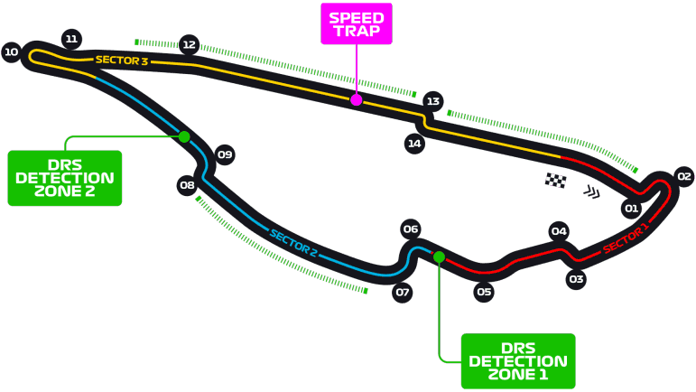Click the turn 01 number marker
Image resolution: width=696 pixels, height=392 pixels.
pyautogui.click(x=631, y=209)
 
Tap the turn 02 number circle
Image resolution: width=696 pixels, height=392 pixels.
pyautogui.click(x=684, y=177)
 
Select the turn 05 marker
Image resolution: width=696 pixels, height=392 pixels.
pyautogui.click(x=484, y=292)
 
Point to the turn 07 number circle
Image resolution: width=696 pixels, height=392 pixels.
pyautogui.click(x=402, y=292)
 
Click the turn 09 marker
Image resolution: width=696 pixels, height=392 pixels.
pyautogui.click(x=225, y=154)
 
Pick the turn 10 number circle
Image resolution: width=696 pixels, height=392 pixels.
pyautogui.click(x=11, y=52)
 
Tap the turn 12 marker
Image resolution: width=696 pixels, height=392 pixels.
pyautogui.click(x=189, y=45)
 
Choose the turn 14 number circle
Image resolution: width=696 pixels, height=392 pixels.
pyautogui.click(x=414, y=144)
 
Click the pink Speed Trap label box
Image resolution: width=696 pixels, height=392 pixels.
pyautogui.click(x=357, y=24)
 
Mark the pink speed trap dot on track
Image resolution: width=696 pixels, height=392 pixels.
pyautogui.click(x=356, y=100)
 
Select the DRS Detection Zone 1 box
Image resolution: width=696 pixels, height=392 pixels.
pyautogui.click(x=518, y=361)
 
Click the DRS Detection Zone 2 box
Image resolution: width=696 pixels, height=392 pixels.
pyautogui.click(x=65, y=178)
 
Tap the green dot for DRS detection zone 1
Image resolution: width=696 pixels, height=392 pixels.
pyautogui.click(x=439, y=257)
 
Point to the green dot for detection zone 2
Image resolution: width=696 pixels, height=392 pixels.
pyautogui.click(x=184, y=136)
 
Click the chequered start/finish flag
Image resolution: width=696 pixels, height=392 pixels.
pyautogui.click(x=555, y=181)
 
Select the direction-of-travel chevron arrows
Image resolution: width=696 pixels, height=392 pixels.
pyautogui.click(x=591, y=191)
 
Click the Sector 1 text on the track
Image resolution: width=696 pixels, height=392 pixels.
pyautogui.click(x=626, y=239)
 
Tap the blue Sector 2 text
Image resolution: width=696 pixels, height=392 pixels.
pyautogui.click(x=293, y=243)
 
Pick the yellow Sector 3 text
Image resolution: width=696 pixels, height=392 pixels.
pyautogui.click(x=122, y=60)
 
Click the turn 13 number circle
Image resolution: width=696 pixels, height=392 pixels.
pyautogui.click(x=432, y=101)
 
